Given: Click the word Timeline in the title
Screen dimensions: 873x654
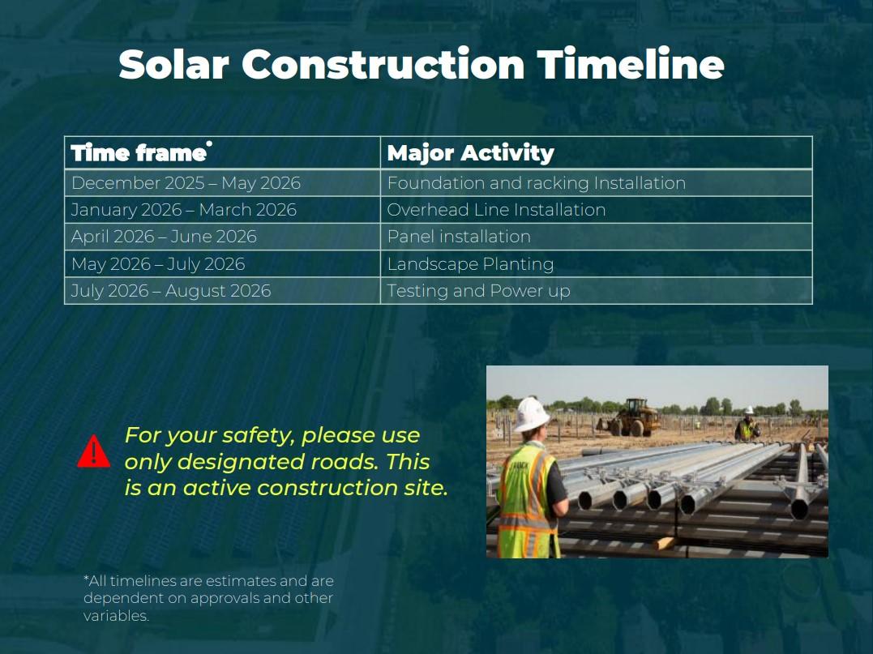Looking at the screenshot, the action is tap(631, 64).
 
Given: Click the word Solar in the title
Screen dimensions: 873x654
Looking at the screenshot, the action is tap(173, 64).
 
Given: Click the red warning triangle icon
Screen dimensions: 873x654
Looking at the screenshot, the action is tap(93, 451).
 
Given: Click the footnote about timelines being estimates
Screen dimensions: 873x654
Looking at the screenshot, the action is tap(208, 598).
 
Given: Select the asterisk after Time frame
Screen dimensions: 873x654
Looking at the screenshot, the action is tap(209, 143).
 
